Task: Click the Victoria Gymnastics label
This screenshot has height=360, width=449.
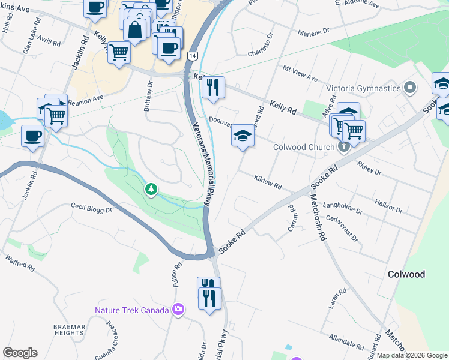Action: coord(363,88)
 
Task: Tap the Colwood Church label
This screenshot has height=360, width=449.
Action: coord(303,147)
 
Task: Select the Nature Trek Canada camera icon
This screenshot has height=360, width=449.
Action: coord(178,310)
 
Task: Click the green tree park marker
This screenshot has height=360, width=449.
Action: coord(151,190)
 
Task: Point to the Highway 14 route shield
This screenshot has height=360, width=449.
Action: coord(191,55)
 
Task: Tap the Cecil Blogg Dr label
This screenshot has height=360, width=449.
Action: coord(92,208)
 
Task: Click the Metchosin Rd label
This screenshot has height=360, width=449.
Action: coord(318,215)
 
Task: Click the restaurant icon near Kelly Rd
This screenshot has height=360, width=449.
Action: coord(213,88)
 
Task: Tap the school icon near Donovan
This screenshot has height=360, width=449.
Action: coord(243,136)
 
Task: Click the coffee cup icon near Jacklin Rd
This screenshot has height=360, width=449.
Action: coord(33,135)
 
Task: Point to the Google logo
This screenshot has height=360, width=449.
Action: coord(20,353)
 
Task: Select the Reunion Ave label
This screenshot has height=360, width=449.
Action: coord(86,100)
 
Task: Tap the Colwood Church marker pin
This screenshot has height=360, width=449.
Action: coord(343,146)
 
